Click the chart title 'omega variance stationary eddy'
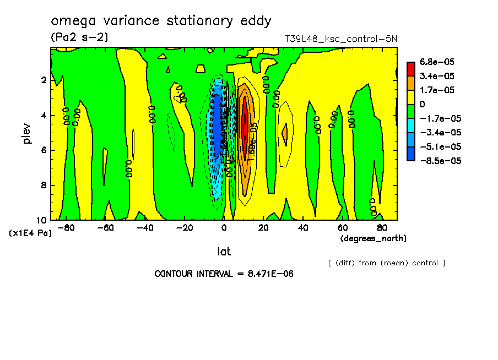tap(161, 21)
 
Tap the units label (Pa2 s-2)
tap(79, 37)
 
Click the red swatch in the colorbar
tap(411, 68)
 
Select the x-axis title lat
tap(224, 251)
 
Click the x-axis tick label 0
tap(224, 227)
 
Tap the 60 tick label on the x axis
tap(342, 227)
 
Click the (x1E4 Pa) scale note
tap(30, 233)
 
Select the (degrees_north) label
tap(373, 238)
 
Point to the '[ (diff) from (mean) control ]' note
tap(386, 263)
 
